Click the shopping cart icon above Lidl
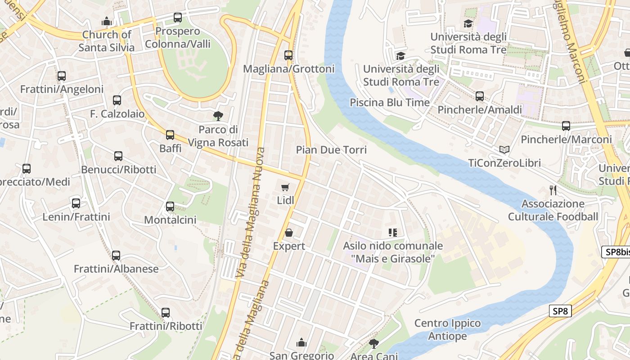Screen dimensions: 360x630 click(285, 187)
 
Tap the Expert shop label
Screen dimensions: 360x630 click(289, 246)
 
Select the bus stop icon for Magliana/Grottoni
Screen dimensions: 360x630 click(288, 55)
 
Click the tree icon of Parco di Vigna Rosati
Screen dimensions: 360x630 click(218, 116)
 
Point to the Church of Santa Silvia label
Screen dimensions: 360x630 click(107, 41)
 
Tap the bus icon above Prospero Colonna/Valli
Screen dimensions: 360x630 click(178, 18)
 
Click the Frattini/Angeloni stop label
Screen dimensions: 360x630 click(62, 89)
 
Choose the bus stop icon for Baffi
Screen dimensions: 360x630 click(170, 135)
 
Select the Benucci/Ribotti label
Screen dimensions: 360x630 click(119, 170)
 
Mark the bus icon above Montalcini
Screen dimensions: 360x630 click(170, 207)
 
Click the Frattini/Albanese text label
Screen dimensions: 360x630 click(116, 269)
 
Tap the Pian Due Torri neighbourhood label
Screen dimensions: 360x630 click(331, 150)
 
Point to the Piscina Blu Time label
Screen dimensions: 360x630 click(390, 103)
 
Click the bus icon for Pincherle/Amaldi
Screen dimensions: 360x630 click(480, 96)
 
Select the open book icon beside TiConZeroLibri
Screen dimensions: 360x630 click(504, 149)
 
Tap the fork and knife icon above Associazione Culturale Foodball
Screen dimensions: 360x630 click(553, 190)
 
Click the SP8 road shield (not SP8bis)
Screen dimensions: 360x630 click(560, 311)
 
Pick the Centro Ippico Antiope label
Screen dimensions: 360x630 click(447, 329)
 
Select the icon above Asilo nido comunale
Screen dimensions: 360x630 click(393, 233)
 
